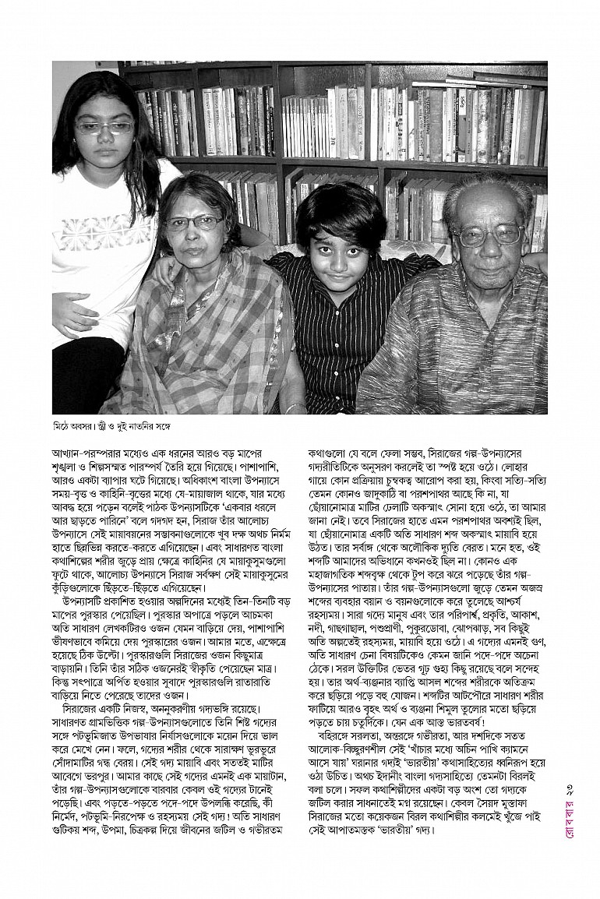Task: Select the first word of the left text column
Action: pyautogui.click(x=68, y=452)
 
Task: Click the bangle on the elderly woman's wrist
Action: pyautogui.click(x=295, y=407)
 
